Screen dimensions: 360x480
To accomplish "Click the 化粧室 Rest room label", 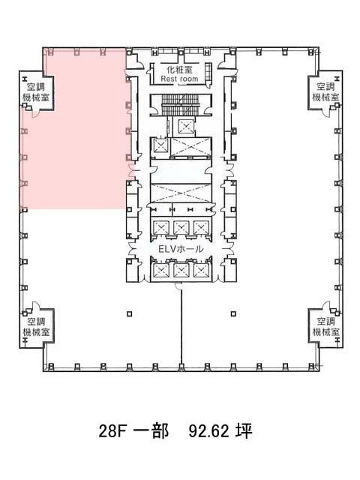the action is (180, 74).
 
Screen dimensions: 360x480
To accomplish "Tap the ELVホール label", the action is (181, 249).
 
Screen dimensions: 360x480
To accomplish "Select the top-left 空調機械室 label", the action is (36, 92).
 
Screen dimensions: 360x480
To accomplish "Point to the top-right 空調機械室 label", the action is (325, 92).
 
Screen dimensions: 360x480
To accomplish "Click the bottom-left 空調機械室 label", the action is (36, 327).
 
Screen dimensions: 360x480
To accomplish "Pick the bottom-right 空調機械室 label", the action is (325, 327).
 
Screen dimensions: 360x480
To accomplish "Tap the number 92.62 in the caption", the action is (209, 431).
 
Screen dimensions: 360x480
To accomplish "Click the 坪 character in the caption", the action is (244, 430).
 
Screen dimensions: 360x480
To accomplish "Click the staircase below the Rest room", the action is (181, 104).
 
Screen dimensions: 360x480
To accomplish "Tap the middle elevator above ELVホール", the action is (181, 228).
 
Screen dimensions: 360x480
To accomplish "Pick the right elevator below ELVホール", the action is (201, 271).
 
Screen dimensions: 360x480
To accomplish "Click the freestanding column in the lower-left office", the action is (130, 313).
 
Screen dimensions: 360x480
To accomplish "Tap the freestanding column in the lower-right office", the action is (233, 313).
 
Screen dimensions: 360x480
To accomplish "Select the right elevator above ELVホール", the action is (201, 228).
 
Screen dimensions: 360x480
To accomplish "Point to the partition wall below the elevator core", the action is (181, 327).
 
